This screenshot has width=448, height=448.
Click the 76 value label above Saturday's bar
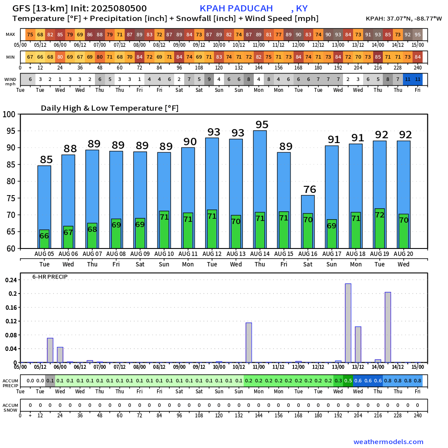[310, 189]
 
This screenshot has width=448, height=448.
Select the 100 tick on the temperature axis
[10, 114]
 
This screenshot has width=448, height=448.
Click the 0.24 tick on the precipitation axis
[11, 280]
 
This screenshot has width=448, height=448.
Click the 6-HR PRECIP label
[50, 276]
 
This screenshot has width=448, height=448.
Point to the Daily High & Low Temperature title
[109, 108]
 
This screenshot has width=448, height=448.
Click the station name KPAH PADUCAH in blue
[236, 8]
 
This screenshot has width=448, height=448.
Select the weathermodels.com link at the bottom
[388, 442]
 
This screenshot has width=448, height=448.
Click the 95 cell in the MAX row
[418, 35]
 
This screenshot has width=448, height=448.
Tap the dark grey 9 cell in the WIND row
[209, 79]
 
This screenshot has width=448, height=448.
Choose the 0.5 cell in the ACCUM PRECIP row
[348, 381]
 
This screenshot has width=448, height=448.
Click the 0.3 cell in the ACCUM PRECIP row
[338, 381]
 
